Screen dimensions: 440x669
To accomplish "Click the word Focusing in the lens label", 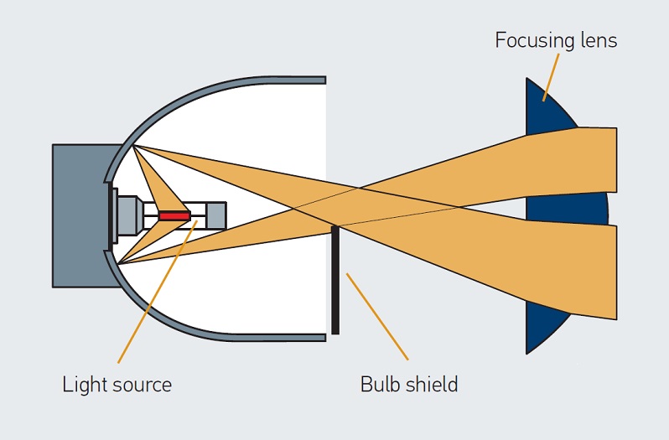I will coord(528,40).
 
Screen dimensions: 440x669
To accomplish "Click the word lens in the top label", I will coord(597,40).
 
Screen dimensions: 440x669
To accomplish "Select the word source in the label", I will coord(142,386).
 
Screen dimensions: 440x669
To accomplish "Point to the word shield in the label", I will coord(432,385).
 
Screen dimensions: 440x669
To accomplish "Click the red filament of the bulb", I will coord(174,215).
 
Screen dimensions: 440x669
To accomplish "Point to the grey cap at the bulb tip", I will coord(215,215).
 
